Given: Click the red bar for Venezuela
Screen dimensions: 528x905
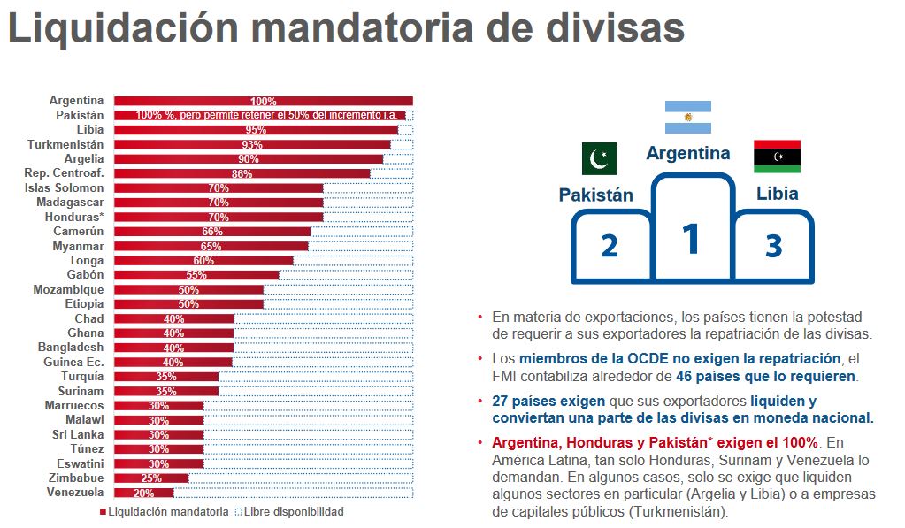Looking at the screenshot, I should (144, 493).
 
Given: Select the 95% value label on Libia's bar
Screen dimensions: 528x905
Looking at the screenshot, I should (257, 129).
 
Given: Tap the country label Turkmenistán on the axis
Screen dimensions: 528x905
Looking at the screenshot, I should (65, 144).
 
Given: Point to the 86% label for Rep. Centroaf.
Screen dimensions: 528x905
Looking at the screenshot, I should (242, 173).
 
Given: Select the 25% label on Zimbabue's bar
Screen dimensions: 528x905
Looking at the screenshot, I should (150, 478).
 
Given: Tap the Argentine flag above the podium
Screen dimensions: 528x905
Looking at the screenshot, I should (688, 118).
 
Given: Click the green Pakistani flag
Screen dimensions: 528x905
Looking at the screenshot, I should (599, 159).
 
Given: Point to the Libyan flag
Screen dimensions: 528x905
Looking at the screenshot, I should (777, 156).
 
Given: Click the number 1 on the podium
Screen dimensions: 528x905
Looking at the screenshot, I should (691, 240).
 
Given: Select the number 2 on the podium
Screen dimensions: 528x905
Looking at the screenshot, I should (609, 246).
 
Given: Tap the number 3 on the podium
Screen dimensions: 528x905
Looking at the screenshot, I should (773, 246).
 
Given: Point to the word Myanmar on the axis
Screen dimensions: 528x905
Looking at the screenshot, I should (79, 246).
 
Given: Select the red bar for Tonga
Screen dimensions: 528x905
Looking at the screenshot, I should (203, 260).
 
